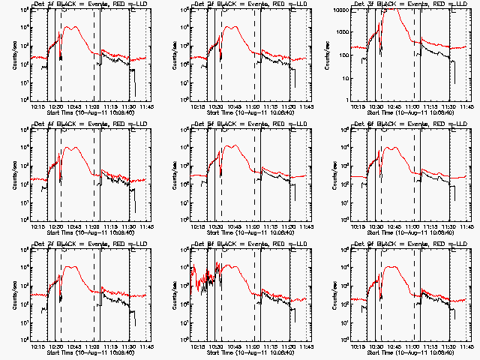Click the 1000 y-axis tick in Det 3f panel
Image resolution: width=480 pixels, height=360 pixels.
(x=340, y=32)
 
